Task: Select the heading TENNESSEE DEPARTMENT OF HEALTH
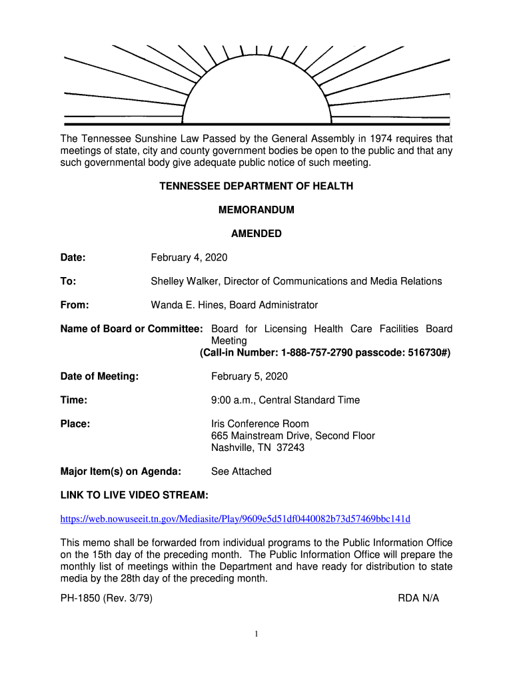click(x=256, y=186)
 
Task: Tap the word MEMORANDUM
click(x=256, y=210)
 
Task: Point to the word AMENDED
click(x=256, y=234)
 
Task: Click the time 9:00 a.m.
click(x=231, y=400)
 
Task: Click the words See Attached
click(x=241, y=472)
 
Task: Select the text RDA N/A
click(x=418, y=598)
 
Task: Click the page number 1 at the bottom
click(x=256, y=634)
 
